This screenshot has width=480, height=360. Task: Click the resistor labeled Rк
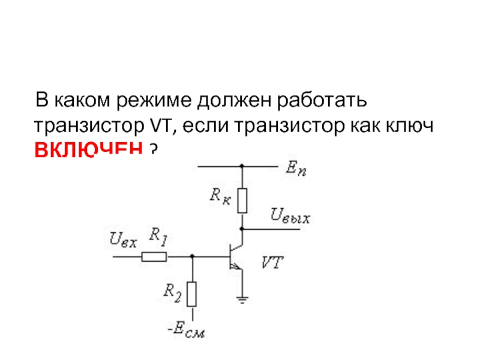point(242,201)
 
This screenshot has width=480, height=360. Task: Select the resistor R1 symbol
point(154,257)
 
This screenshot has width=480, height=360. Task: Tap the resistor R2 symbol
point(192,293)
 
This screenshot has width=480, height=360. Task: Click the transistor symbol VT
point(235,257)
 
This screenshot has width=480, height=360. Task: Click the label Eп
point(295,170)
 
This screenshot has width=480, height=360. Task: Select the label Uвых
point(290,216)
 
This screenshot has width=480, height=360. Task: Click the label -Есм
point(187,330)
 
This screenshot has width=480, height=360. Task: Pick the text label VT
point(272,262)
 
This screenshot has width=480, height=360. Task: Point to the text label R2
point(172,292)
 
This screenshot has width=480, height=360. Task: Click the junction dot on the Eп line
point(242,166)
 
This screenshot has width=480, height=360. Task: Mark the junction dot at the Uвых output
point(242,229)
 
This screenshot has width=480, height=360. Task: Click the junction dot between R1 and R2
point(192,257)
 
